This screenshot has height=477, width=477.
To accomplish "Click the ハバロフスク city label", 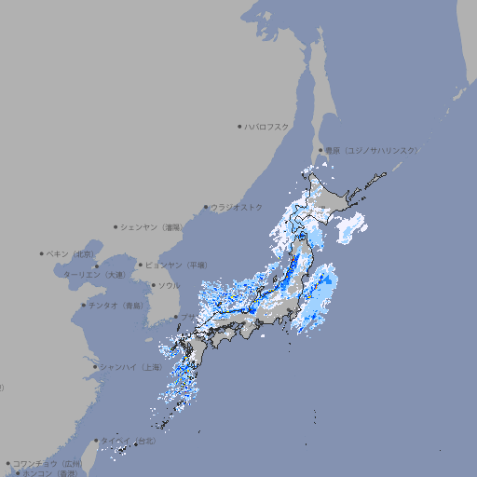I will point(267,126).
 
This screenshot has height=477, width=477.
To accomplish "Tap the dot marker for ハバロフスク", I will point(239,126).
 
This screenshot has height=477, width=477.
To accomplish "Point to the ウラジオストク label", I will point(237,207).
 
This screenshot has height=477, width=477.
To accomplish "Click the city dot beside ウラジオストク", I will point(206,207).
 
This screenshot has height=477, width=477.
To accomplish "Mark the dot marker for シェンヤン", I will point(116,226).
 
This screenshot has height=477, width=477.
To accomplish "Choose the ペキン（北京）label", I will point(71,253).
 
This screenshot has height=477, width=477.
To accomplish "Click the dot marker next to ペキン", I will point(42,253).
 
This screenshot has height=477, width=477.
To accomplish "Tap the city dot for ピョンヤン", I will point(143,265).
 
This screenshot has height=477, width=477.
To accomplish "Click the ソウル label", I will point(169,285).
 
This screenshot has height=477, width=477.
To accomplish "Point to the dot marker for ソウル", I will point(152,285).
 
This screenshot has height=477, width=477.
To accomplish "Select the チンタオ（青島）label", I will point(116,305).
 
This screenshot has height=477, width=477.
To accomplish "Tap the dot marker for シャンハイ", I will point(95,366).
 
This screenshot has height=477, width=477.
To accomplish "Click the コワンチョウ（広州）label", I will point(48,463).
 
